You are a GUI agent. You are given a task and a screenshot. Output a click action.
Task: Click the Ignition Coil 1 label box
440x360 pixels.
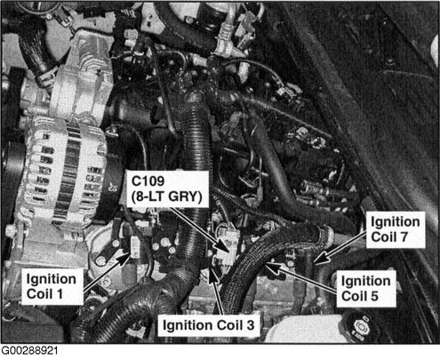pyautogui.click(x=52, y=286)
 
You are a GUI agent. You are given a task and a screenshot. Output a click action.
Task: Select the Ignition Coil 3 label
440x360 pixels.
pyautogui.click(x=209, y=325)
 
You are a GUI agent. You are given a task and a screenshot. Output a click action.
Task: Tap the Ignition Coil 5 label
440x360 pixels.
pyautogui.click(x=366, y=288)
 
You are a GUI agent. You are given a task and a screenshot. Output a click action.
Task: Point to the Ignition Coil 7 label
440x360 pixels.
pyautogui.click(x=396, y=229)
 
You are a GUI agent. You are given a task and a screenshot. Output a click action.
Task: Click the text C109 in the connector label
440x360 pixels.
pyautogui.click(x=148, y=181)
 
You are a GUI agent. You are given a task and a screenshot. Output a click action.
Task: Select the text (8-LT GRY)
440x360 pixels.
pyautogui.click(x=167, y=196)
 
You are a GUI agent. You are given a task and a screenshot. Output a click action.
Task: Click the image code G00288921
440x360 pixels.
pyautogui.click(x=29, y=351)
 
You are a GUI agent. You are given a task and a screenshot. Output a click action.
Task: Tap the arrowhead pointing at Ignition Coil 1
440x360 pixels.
pyautogui.click(x=124, y=258)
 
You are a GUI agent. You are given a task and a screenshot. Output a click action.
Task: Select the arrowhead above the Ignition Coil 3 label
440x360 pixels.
pyautogui.click(x=212, y=273)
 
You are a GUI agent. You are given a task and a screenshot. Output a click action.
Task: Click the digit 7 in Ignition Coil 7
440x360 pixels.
pyautogui.click(x=404, y=236)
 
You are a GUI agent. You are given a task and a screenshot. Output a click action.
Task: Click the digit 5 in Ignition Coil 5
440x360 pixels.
pyautogui.click(x=374, y=296)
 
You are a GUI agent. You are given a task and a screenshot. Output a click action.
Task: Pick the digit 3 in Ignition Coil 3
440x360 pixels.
pyautogui.click(x=250, y=325)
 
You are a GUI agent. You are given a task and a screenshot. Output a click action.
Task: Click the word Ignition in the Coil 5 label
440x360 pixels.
pyautogui.click(x=365, y=281)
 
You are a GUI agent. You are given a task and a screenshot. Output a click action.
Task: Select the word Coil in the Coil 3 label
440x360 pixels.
pyautogui.click(x=229, y=325)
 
